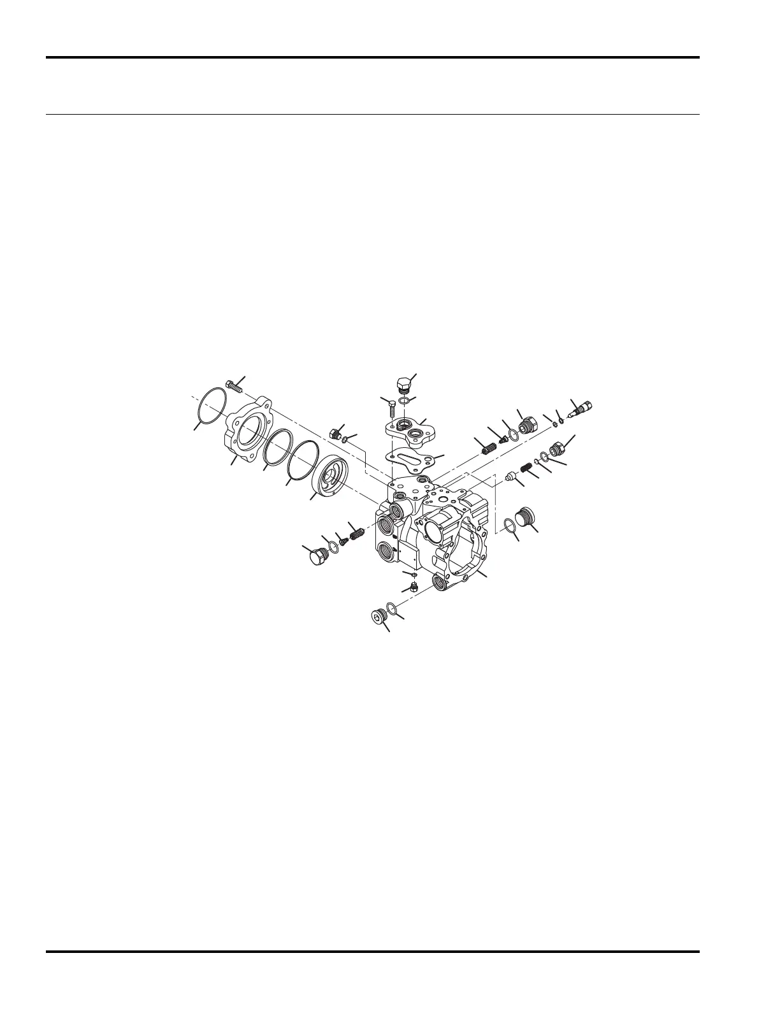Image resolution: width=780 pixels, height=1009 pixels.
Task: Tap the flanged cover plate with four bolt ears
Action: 248,430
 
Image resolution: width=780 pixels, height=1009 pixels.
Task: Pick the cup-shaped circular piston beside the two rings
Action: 331,475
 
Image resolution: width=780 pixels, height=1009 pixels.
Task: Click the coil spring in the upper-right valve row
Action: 487,447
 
